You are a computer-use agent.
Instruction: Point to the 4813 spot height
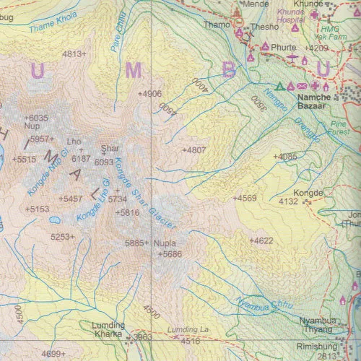click(x=74, y=53)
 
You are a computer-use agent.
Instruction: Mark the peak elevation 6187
click(x=81, y=158)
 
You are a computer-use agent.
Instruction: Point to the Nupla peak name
click(x=165, y=243)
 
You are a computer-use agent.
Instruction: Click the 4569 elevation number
click(x=244, y=198)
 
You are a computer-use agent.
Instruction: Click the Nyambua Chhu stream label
click(x=266, y=301)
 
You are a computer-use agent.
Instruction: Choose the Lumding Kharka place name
click(x=108, y=331)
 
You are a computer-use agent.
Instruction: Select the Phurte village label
click(x=284, y=47)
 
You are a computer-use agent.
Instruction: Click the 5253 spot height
click(x=63, y=236)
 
